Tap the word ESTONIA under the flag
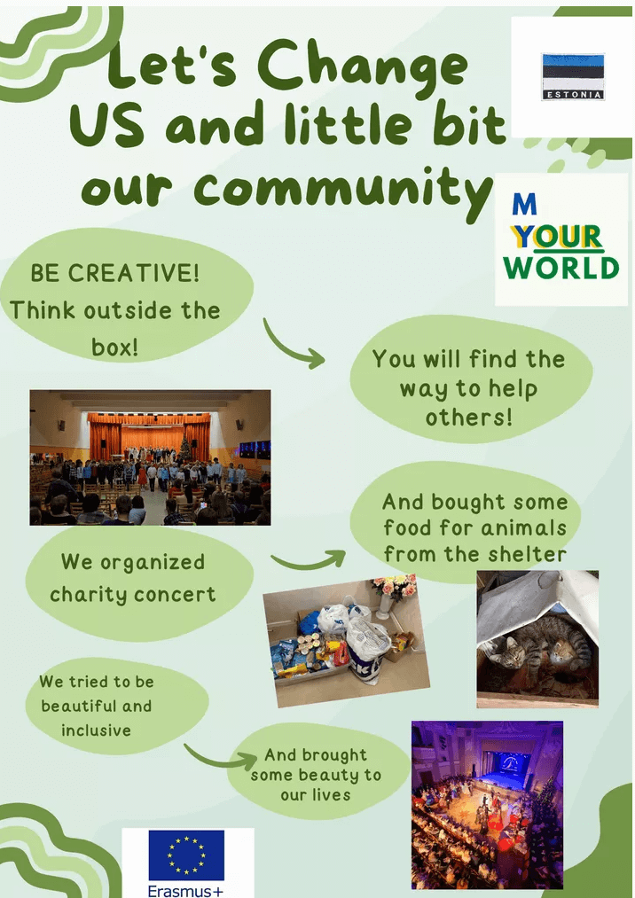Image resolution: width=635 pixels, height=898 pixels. [573, 95]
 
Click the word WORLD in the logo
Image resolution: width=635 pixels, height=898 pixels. [561, 268]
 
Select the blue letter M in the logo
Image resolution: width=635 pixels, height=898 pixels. [524, 204]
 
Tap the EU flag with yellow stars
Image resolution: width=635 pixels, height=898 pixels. [186, 855]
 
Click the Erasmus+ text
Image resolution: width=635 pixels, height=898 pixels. [185, 891]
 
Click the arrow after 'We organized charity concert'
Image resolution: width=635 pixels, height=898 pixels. [309, 560]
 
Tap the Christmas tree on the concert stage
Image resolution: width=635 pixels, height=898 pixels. [185, 447]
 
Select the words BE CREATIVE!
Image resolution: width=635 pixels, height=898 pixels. [114, 273]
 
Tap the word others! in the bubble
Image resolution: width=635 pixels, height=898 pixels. [469, 417]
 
